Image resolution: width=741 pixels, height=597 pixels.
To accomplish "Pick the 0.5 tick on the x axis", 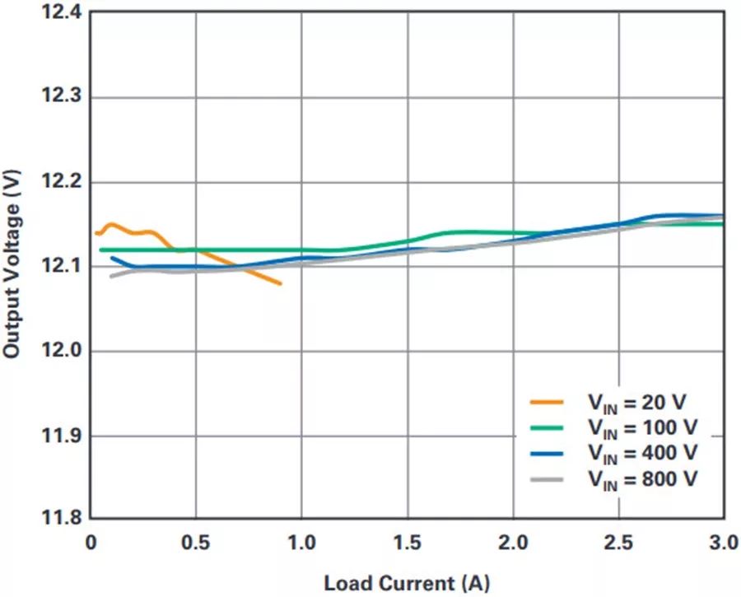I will click(x=196, y=543).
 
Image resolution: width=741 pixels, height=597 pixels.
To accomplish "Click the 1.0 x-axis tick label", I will click(x=301, y=543).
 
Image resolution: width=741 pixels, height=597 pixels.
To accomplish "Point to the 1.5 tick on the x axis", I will click(x=408, y=543).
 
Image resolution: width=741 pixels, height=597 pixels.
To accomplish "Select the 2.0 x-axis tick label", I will click(x=513, y=543).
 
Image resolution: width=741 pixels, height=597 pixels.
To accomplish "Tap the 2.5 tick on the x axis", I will click(x=618, y=543).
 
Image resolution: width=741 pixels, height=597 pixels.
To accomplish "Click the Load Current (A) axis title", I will click(x=407, y=584).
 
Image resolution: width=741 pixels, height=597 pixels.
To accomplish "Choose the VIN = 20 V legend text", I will click(x=636, y=403).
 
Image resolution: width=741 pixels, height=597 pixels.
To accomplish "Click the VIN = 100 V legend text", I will click(x=641, y=428).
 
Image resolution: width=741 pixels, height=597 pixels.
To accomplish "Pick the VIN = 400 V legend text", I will click(x=641, y=453).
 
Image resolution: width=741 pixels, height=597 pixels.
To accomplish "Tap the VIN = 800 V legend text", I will click(x=641, y=478).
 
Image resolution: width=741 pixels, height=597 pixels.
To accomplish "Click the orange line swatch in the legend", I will click(x=547, y=403).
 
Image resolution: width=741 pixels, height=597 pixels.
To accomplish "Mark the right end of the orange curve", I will click(x=281, y=284).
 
